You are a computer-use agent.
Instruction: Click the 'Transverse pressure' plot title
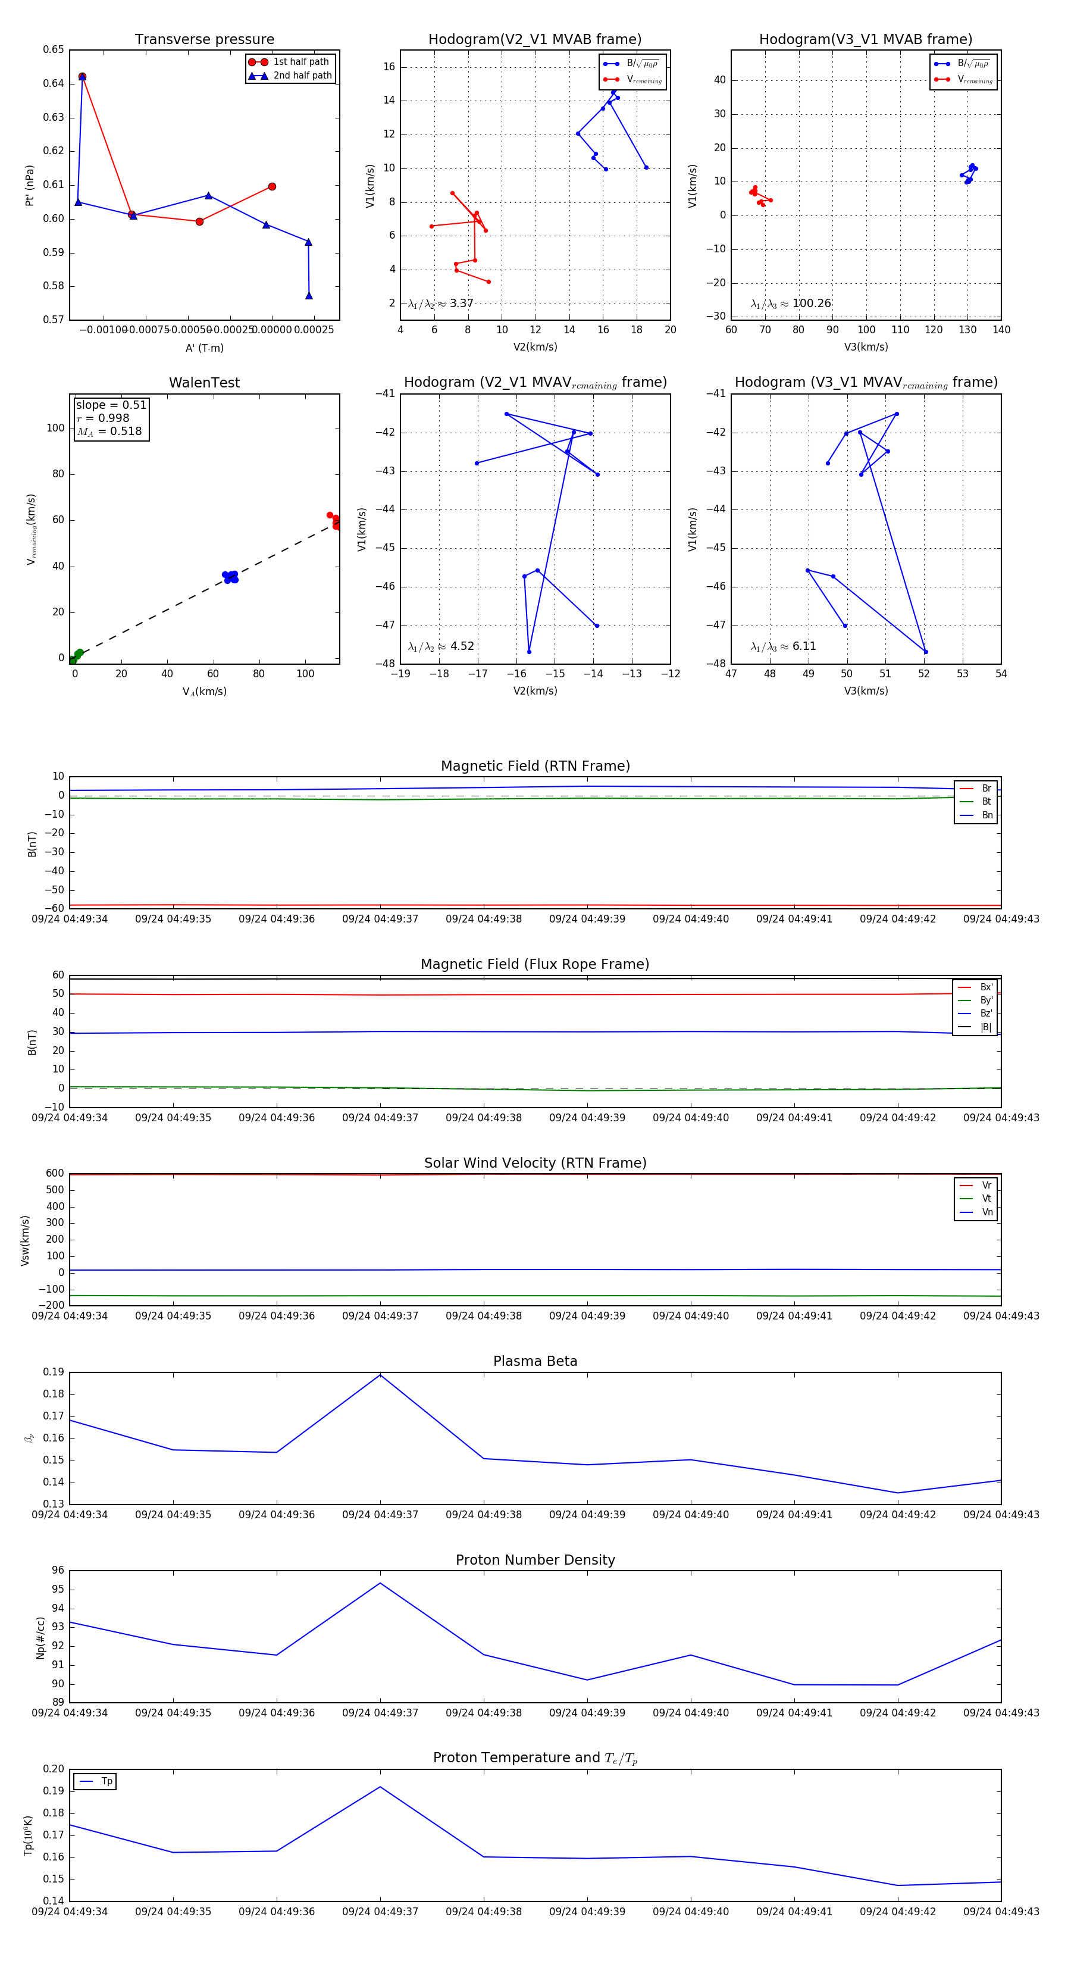(x=204, y=40)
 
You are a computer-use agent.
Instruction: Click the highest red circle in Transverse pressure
(x=82, y=77)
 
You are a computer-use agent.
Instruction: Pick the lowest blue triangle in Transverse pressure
(x=309, y=296)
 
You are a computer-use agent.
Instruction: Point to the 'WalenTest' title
(x=204, y=383)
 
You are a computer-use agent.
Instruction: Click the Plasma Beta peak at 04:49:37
(x=380, y=1375)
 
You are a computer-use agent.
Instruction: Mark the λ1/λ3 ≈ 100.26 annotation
(x=791, y=304)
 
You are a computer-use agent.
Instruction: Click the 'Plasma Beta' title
(x=535, y=1361)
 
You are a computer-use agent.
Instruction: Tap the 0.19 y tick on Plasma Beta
(x=54, y=1372)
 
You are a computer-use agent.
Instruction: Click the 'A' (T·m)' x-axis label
(x=204, y=348)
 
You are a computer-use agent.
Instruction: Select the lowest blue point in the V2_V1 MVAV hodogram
(x=529, y=652)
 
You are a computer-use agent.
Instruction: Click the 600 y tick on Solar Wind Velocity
(x=55, y=1174)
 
